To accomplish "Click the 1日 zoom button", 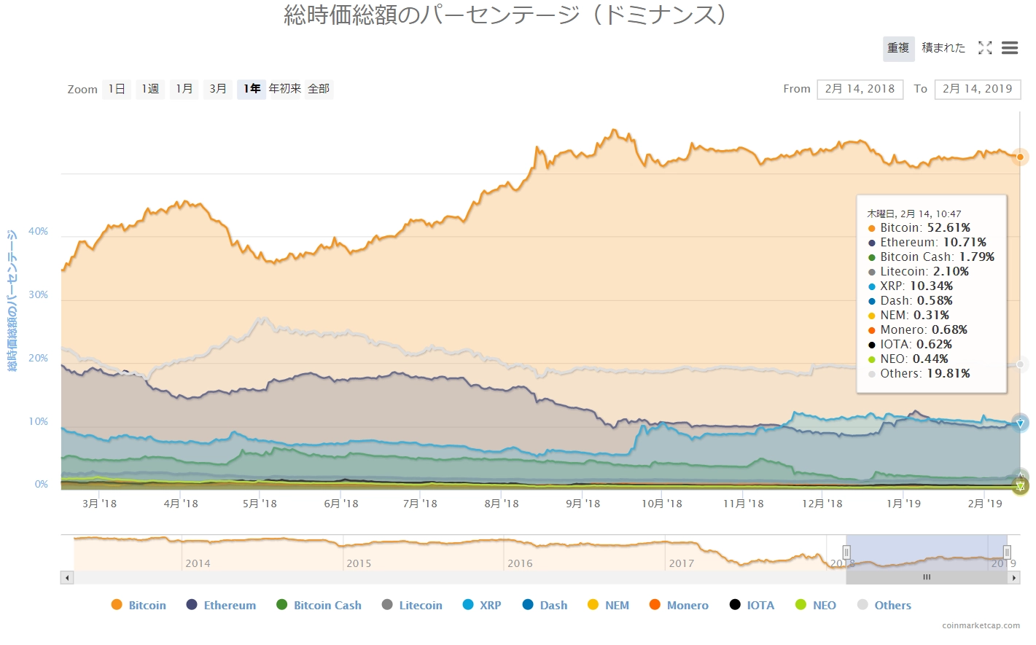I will point(117,89).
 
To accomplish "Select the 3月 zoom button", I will point(218,89).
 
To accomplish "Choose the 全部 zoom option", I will point(319,89).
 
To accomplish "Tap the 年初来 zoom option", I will point(285,89).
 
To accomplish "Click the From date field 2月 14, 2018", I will point(860,89).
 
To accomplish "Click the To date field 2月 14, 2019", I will point(977,89).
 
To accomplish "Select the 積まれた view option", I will point(943,48).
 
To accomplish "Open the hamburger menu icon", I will point(1010,48).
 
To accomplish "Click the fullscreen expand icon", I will point(985,48).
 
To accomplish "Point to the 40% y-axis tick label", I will point(39,232).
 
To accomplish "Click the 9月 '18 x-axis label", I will point(583,504).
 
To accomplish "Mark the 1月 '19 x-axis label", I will point(903,504).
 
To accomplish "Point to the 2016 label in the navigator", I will point(520,563).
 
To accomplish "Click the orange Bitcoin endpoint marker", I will point(1020,157).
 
